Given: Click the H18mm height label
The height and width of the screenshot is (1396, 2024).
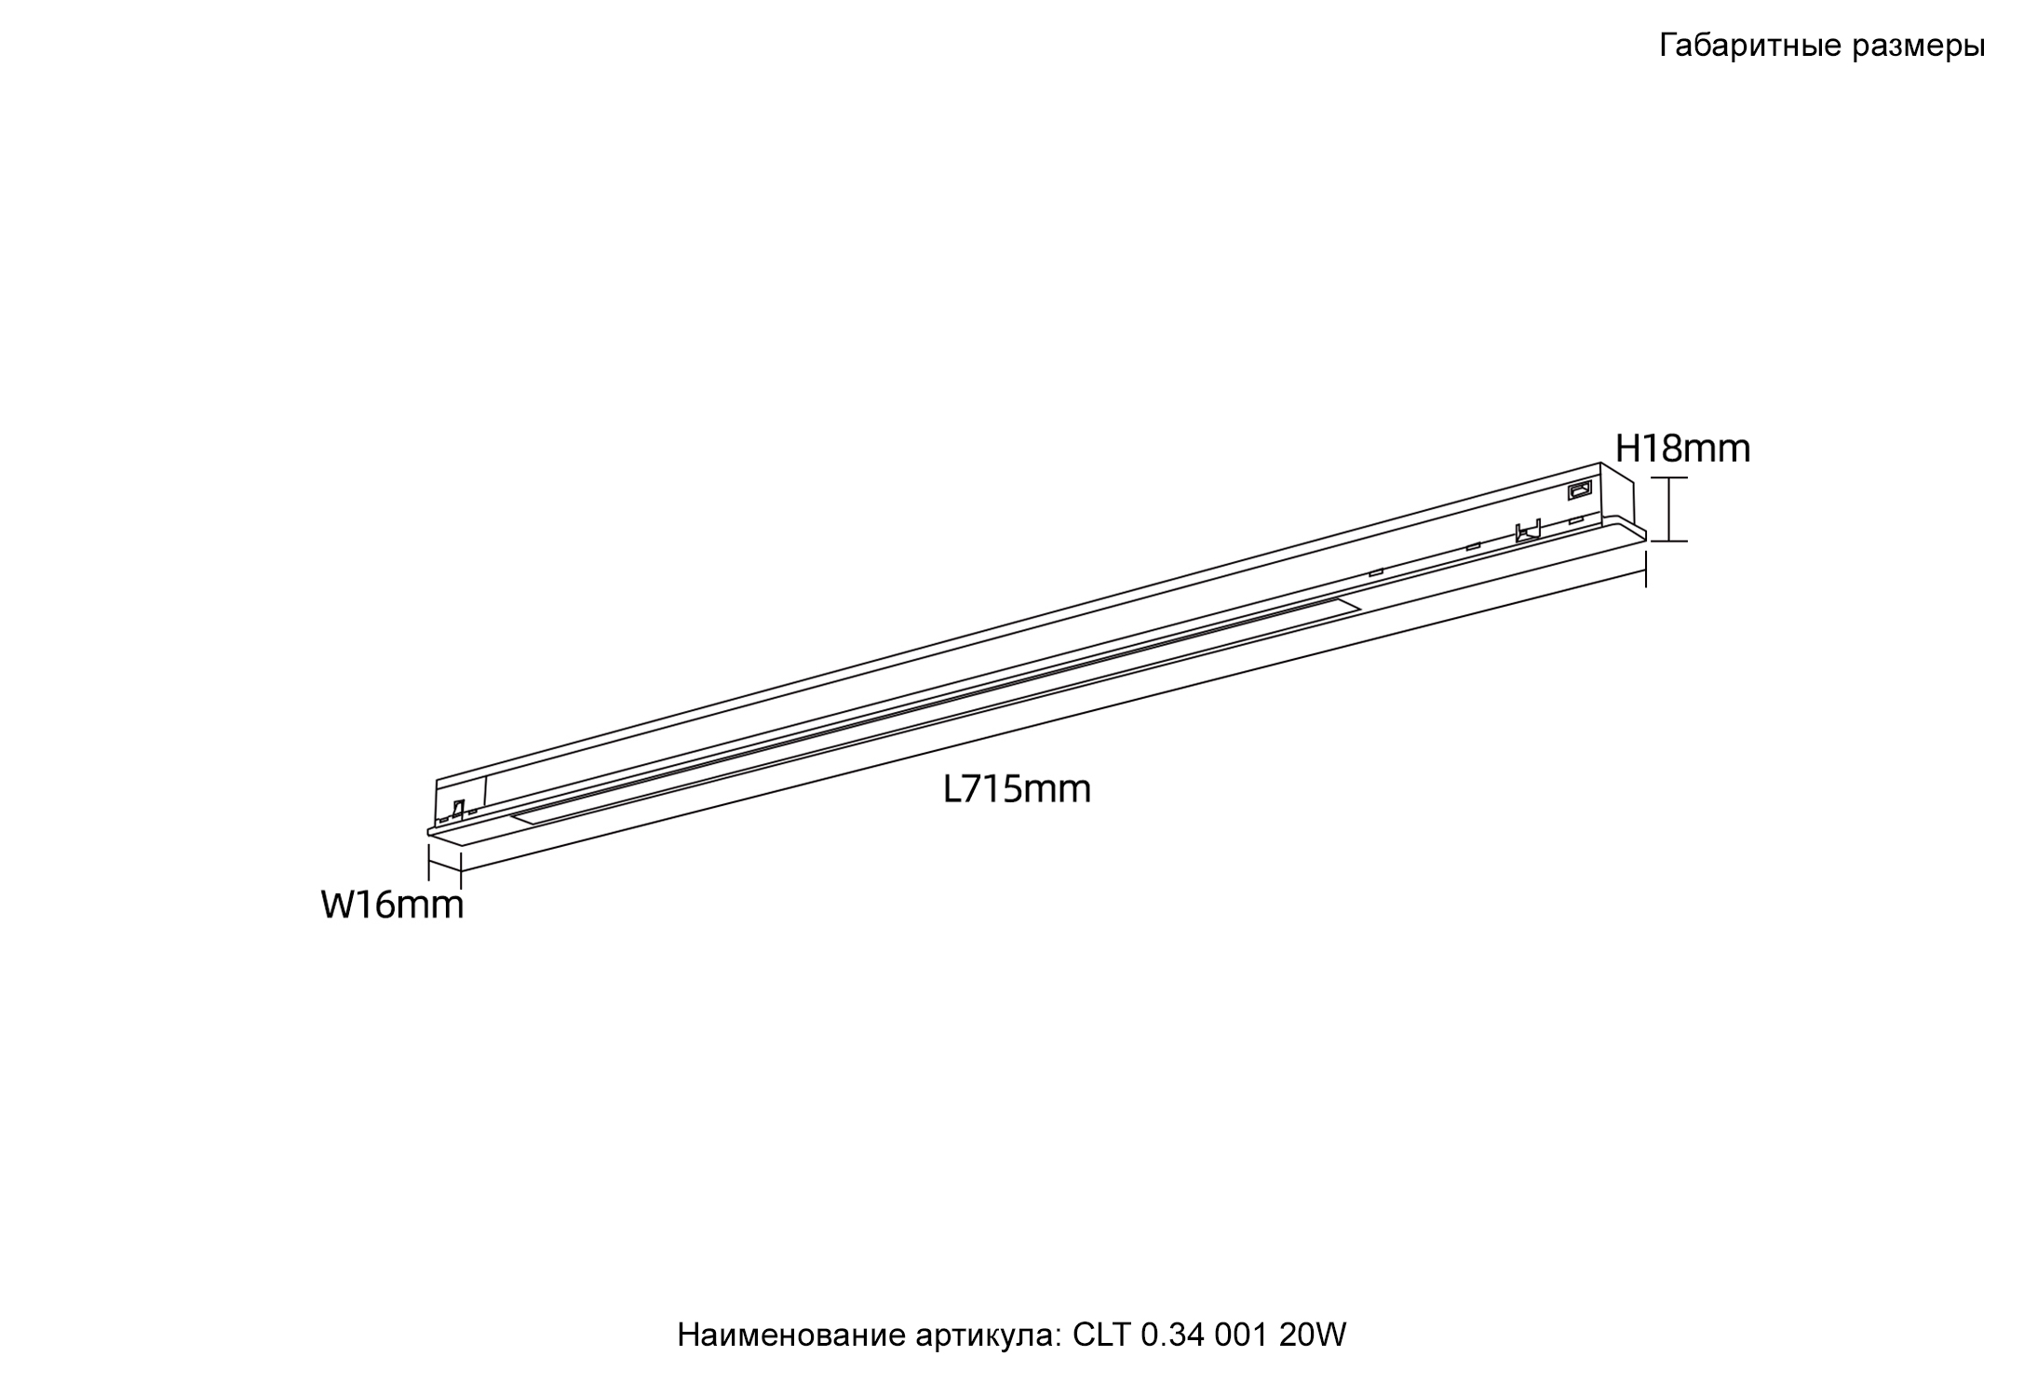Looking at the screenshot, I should (x=1682, y=450).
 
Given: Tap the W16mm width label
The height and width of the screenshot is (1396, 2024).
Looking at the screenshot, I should (x=392, y=905).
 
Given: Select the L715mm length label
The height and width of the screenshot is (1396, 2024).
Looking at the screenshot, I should (x=1017, y=789).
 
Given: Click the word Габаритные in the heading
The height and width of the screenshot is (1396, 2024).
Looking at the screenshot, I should (x=1747, y=47).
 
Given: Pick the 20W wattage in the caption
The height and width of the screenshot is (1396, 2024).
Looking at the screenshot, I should (x=1313, y=1336).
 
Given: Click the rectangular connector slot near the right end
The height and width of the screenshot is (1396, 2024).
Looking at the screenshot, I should (x=1581, y=489).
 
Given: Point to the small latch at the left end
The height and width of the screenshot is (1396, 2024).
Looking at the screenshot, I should (x=457, y=810).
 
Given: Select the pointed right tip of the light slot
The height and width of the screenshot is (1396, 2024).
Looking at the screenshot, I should (x=1358, y=608).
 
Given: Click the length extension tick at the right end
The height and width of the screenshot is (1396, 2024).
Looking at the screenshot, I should (x=1646, y=570).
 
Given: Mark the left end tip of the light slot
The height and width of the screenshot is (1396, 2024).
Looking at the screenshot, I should (x=513, y=817).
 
